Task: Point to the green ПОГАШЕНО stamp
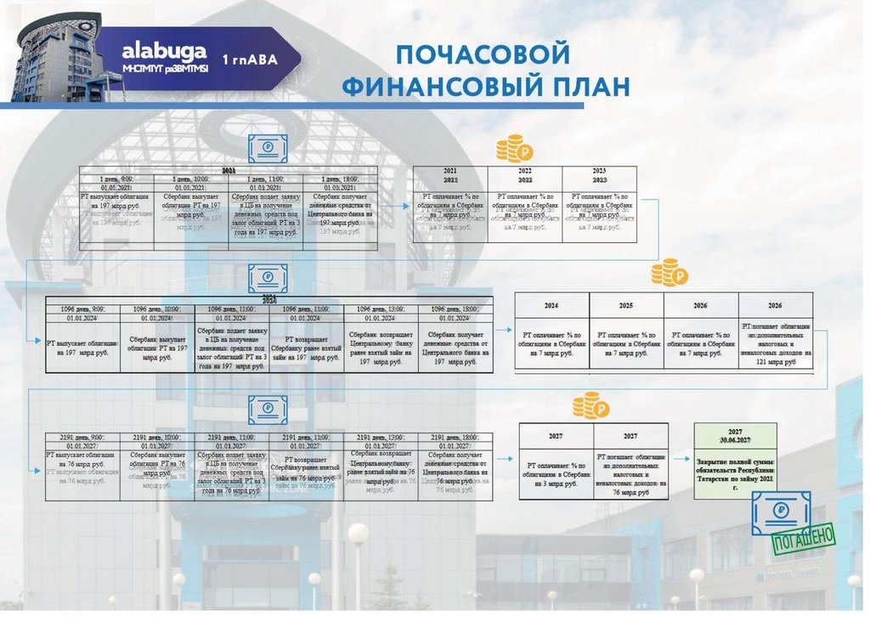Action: pos(803,537)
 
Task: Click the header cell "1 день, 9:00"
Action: pos(116,179)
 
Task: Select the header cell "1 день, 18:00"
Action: pos(340,179)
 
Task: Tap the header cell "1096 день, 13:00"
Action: pos(381,309)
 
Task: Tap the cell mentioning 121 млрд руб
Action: pos(776,343)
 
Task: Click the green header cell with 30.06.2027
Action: pos(735,436)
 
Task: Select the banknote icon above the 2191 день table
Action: pos(268,409)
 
